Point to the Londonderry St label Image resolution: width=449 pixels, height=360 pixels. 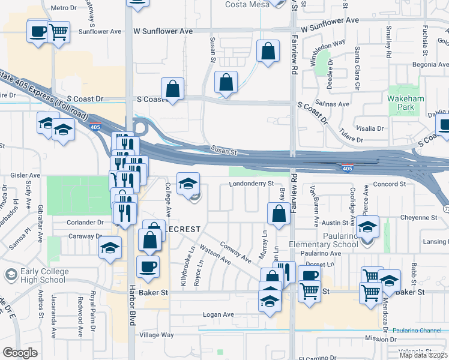(252, 184)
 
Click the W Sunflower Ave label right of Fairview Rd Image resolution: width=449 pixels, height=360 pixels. (330, 20)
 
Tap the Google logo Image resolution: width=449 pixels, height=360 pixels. (19, 353)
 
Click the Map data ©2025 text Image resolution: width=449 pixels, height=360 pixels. (424, 355)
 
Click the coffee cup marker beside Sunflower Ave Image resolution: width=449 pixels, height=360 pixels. (38, 30)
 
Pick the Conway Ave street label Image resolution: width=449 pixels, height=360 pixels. (235, 252)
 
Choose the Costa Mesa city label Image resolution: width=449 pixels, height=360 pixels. (246, 5)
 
